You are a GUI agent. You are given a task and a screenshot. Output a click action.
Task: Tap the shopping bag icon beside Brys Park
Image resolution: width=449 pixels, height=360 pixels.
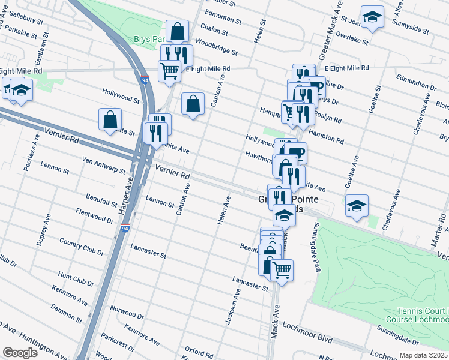click(x=178, y=31)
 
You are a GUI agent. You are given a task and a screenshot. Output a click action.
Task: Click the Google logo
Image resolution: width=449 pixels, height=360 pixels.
click(x=20, y=353)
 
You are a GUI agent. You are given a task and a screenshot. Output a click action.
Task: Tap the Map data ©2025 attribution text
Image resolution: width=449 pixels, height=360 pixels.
click(x=424, y=355)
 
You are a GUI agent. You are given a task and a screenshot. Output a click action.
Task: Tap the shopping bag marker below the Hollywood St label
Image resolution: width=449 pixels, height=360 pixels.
click(x=111, y=119)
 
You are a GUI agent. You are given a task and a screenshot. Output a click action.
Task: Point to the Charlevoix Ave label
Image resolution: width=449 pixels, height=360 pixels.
click(x=396, y=209)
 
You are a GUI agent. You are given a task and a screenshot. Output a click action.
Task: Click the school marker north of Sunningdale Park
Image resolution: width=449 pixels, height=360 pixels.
click(x=356, y=206)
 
